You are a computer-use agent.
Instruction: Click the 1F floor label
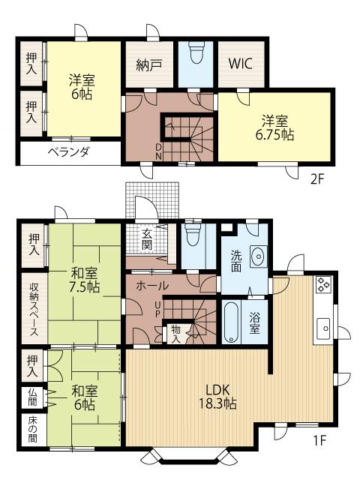pyautogui.click(x=319, y=440)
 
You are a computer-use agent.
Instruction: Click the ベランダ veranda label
pyautogui.click(x=69, y=152)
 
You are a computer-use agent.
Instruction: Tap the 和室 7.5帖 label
pyautogui.click(x=85, y=280)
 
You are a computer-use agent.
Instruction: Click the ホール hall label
pyautogui.click(x=152, y=286)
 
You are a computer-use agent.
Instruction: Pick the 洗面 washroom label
pyautogui.click(x=233, y=260)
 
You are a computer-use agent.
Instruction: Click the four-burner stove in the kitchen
pyautogui.click(x=324, y=284)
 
